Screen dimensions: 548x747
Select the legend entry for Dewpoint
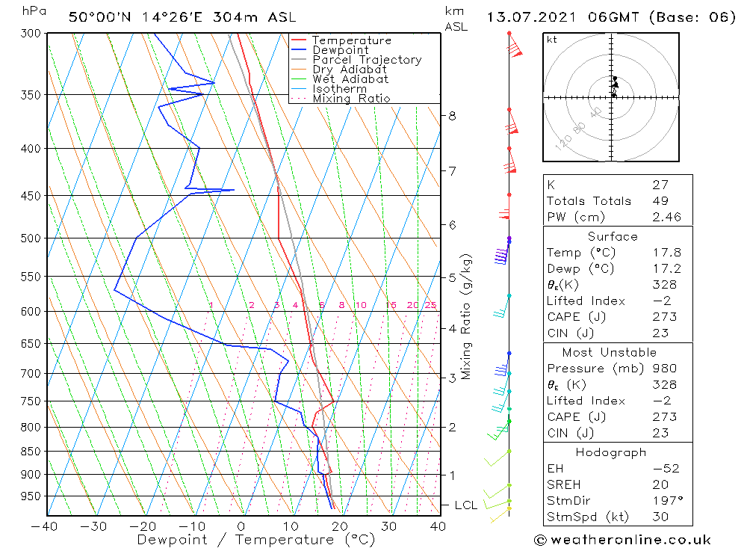340,50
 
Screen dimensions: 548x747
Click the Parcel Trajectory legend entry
367,60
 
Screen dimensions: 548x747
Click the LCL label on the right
465,506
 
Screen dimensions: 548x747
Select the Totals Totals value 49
660,200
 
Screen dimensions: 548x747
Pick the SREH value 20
660,484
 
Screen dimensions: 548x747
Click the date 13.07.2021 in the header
533,17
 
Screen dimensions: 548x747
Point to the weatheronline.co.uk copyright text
622,540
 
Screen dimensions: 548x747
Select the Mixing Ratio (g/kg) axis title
467,316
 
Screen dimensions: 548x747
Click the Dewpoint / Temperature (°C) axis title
255,539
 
